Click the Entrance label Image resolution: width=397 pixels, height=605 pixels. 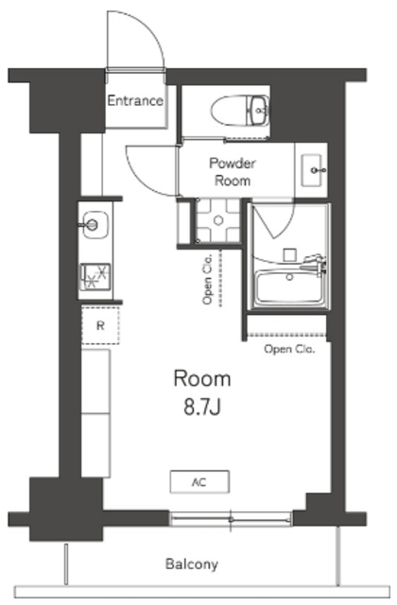[x=135, y=101]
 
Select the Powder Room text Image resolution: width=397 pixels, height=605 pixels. [x=233, y=172]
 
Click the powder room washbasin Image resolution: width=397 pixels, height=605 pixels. [x=312, y=170]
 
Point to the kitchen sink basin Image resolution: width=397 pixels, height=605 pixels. [x=95, y=225]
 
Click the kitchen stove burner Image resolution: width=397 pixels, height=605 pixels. [x=95, y=277]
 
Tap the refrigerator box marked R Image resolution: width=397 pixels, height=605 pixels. [x=100, y=325]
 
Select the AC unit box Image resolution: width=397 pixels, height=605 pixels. [x=199, y=481]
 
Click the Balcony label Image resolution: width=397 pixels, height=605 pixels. [x=192, y=564]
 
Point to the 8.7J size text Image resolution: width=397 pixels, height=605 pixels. [x=201, y=407]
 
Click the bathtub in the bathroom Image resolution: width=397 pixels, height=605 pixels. [x=290, y=287]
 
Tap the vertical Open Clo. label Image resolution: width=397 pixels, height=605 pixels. [x=208, y=279]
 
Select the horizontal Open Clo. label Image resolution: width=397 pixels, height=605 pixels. [x=289, y=349]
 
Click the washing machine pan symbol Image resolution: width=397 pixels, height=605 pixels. [x=218, y=220]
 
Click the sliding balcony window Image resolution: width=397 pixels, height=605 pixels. [x=231, y=519]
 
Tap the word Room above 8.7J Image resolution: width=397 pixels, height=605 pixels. [x=202, y=378]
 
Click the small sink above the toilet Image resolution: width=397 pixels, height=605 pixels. [x=258, y=111]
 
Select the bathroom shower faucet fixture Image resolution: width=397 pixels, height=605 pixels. [x=315, y=264]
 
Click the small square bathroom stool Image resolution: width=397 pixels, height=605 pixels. [x=290, y=255]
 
